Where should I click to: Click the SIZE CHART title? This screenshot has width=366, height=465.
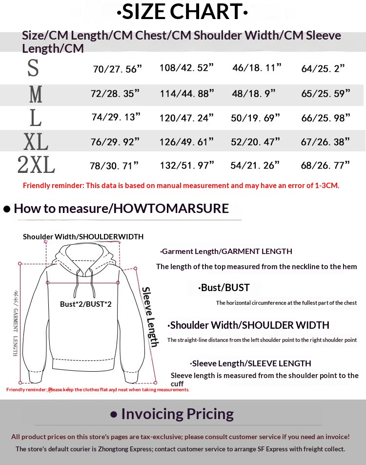[183, 12]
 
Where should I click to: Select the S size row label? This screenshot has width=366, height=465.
[33, 68]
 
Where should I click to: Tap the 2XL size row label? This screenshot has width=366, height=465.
[36, 166]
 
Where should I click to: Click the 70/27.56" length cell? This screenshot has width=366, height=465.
[117, 69]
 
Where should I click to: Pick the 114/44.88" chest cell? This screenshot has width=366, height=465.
[187, 93]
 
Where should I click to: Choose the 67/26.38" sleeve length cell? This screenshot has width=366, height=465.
[325, 142]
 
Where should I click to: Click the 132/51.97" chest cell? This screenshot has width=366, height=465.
[187, 166]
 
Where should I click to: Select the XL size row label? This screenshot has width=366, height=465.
[36, 142]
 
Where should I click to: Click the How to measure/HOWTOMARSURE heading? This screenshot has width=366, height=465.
[121, 209]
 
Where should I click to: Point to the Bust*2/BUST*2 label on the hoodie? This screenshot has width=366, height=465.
[86, 304]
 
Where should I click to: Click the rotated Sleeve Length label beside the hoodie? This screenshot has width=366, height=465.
[150, 317]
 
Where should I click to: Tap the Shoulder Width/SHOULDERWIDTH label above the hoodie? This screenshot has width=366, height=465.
[83, 237]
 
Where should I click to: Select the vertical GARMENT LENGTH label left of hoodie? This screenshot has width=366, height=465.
[15, 322]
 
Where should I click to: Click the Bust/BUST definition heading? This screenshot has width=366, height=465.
[224, 288]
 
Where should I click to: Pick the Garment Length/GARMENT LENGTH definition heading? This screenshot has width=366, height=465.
[226, 252]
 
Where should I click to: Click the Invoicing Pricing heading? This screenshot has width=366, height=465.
[177, 414]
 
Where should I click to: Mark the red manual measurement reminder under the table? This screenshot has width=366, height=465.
[181, 186]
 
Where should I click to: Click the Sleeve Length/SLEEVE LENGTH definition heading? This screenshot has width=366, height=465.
[251, 363]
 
